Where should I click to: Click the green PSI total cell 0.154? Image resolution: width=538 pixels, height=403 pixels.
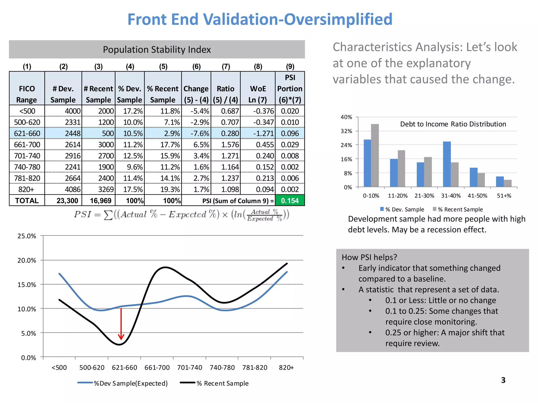coord(290,201)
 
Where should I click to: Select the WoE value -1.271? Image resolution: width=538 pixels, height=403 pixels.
coord(263,134)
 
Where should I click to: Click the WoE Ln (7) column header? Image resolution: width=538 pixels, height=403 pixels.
coord(258,94)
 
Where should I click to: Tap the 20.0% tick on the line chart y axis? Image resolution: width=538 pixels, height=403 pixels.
coord(27,261)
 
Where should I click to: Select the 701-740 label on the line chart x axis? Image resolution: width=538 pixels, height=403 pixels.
coord(189,368)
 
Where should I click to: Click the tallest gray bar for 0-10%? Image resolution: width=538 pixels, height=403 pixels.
coord(375,155)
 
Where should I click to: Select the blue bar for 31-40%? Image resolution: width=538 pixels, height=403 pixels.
coord(447,164)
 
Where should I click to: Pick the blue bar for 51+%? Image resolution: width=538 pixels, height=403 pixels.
coord(500,182)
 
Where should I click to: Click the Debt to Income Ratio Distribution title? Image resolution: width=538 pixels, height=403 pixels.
coord(453,124)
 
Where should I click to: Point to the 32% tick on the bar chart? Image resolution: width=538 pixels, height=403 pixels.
coord(346,131)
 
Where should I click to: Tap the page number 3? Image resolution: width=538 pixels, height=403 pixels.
coord(503,380)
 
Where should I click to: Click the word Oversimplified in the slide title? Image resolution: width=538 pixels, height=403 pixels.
coord(338,19)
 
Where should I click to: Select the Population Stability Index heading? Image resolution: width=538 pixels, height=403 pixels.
coord(157,50)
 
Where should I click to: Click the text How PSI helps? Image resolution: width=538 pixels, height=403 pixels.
coord(369,257)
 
